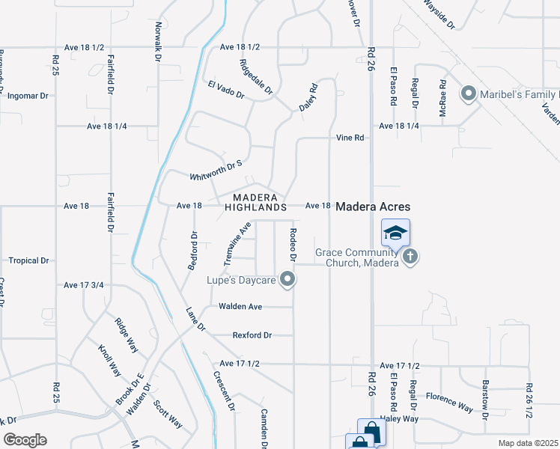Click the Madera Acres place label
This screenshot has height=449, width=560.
point(374,206)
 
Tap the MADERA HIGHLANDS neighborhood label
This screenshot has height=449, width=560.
point(255,201)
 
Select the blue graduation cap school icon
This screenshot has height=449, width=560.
point(395,232)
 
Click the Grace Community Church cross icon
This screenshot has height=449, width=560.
point(410,257)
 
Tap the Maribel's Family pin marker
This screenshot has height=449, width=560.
point(469,94)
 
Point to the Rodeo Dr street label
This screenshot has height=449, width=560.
point(293,245)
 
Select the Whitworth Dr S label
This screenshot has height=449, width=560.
point(216,169)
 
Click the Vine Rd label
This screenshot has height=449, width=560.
point(350,138)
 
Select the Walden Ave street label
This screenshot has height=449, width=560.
point(240,307)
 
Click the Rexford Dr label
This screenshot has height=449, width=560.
point(252,335)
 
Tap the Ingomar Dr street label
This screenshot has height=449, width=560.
point(27,96)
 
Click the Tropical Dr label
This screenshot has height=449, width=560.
point(28,260)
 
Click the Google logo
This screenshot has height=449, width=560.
point(25,440)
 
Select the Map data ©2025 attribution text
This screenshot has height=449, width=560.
point(528,443)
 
